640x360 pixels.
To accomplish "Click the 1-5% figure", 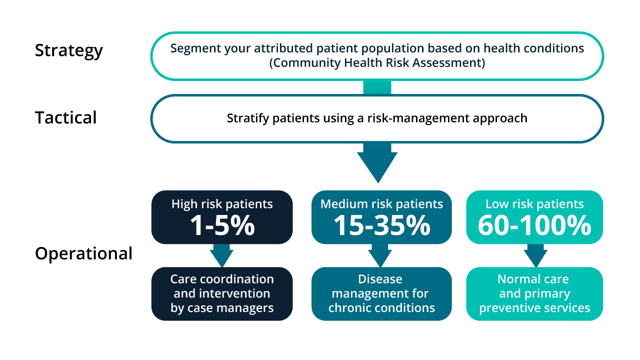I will coord(222,226).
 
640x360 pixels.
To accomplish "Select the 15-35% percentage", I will coord(381,226).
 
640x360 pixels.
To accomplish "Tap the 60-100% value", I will coord(534,226).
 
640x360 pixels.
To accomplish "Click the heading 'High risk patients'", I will coord(222,204).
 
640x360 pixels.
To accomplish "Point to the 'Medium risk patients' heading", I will coord(381,204).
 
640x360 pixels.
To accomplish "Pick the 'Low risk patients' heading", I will coord(534,204).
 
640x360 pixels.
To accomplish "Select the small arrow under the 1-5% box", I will coord(221,255).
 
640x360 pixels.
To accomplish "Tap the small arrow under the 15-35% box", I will coord(380,255).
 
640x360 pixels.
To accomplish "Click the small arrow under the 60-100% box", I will coord(535,255).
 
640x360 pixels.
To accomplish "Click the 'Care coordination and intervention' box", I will coord(222,293).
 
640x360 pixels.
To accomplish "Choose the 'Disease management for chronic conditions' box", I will coord(381,293).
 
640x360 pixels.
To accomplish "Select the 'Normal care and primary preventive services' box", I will coord(534,293).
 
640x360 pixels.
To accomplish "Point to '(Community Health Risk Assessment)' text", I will coord(377,63).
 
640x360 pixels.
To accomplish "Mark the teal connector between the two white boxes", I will coord(377,87).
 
